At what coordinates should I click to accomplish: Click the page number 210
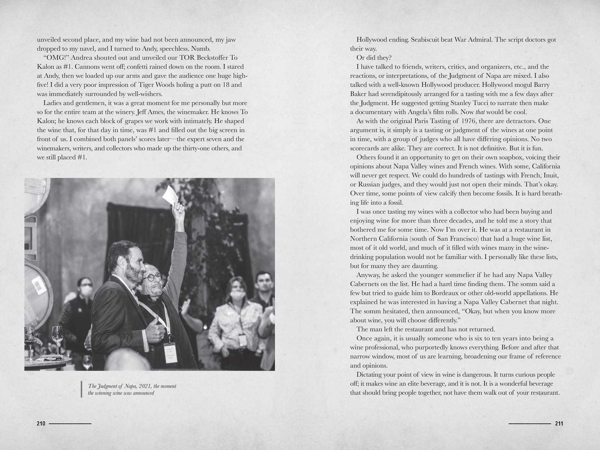[x=41, y=424]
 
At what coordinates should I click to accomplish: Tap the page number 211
[x=559, y=424]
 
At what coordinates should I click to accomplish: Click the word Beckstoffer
[x=202, y=58]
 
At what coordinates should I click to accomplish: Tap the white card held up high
[x=170, y=195]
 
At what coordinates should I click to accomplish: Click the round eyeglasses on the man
[x=153, y=277]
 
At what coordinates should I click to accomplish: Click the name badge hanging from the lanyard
[x=170, y=352]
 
